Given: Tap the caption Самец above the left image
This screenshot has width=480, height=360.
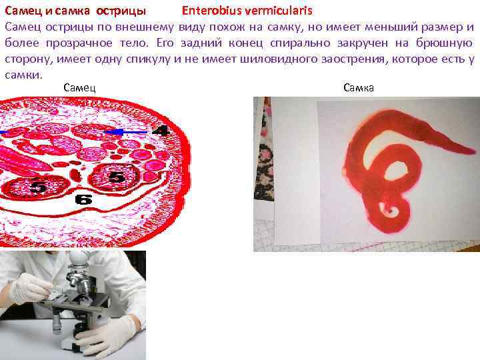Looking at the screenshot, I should pos(79,87).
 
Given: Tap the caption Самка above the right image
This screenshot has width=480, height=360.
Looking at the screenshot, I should pos(359,87).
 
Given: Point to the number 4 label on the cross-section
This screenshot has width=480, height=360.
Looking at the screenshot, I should pos(160,131).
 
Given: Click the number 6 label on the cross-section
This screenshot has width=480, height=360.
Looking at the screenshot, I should pos(84,199).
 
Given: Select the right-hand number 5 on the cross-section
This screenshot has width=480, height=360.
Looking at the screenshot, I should pos(116,177).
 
